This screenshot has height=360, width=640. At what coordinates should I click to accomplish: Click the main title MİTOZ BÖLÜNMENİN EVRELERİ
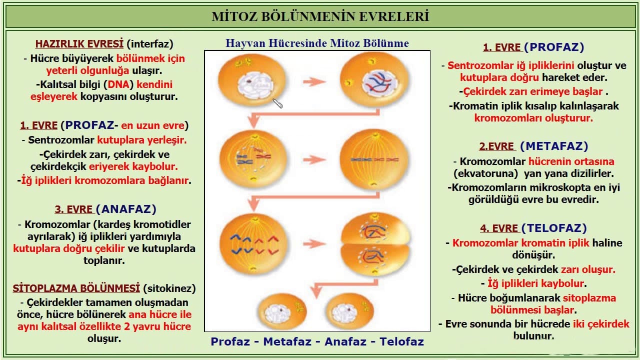point(320,16)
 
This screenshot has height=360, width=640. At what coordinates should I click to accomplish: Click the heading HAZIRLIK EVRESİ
point(79,43)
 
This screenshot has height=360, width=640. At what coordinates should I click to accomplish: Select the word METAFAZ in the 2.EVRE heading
point(554,146)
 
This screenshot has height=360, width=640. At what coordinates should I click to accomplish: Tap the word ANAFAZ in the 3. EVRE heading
point(126,209)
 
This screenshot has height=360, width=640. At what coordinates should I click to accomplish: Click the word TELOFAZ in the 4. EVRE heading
point(554,228)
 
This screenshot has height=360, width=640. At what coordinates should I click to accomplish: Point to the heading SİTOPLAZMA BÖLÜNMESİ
point(76,288)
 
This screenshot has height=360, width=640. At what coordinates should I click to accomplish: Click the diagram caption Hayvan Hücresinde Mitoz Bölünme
point(317,43)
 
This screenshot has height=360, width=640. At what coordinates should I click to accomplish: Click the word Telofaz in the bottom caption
point(401,342)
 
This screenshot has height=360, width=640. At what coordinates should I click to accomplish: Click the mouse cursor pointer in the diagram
point(277,103)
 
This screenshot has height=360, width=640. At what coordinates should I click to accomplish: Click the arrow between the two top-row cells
point(315,81)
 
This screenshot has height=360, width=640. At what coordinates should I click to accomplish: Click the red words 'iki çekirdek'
point(601,324)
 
